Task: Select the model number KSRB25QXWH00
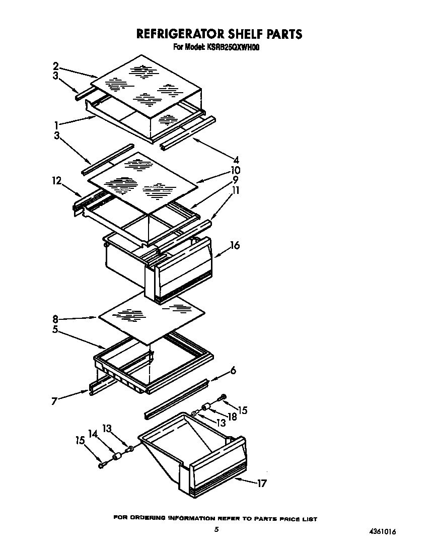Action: (x=236, y=48)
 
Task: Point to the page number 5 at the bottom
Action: (x=216, y=529)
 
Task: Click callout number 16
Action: (x=235, y=246)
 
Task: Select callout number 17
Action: (x=261, y=484)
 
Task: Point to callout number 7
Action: (x=54, y=400)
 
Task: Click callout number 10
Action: (x=235, y=171)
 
